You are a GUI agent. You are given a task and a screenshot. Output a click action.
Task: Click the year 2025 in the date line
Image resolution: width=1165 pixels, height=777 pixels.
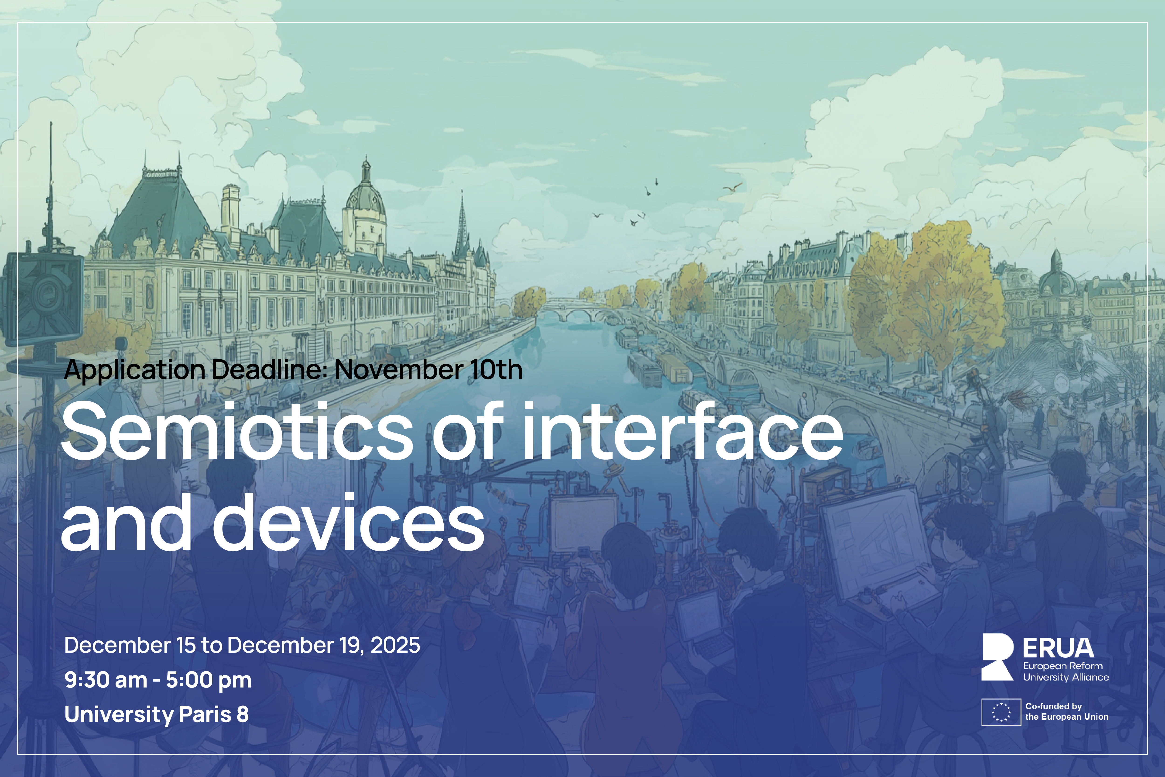pos(395,645)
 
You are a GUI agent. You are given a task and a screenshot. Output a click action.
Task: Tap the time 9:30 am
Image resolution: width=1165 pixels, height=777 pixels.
pos(106,680)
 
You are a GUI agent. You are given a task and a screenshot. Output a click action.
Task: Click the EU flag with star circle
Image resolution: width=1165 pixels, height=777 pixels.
pos(1001,712)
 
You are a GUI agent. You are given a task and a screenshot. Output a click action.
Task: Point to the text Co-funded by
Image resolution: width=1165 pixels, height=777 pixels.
pos(1054,706)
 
